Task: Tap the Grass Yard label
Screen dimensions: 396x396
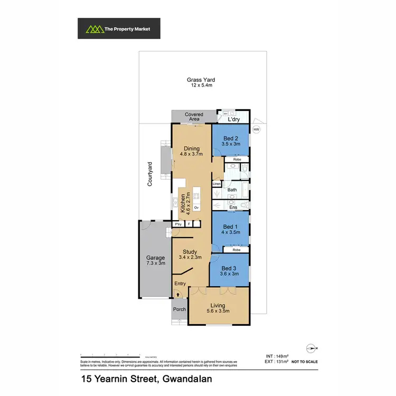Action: pos(201,80)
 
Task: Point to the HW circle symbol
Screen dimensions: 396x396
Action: pos(257,129)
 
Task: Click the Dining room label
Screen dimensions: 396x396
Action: pos(191,148)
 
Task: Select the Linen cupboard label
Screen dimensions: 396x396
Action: pos(216,184)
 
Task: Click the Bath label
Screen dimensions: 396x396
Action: pos(232,189)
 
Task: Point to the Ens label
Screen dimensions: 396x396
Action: pos(233,208)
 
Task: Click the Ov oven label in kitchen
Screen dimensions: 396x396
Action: pos(196,208)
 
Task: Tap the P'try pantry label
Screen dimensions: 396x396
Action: pos(178,224)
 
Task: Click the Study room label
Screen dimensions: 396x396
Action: pos(190,252)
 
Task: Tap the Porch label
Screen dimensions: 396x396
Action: pos(180,309)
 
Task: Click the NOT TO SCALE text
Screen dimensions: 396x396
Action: pos(305,361)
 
